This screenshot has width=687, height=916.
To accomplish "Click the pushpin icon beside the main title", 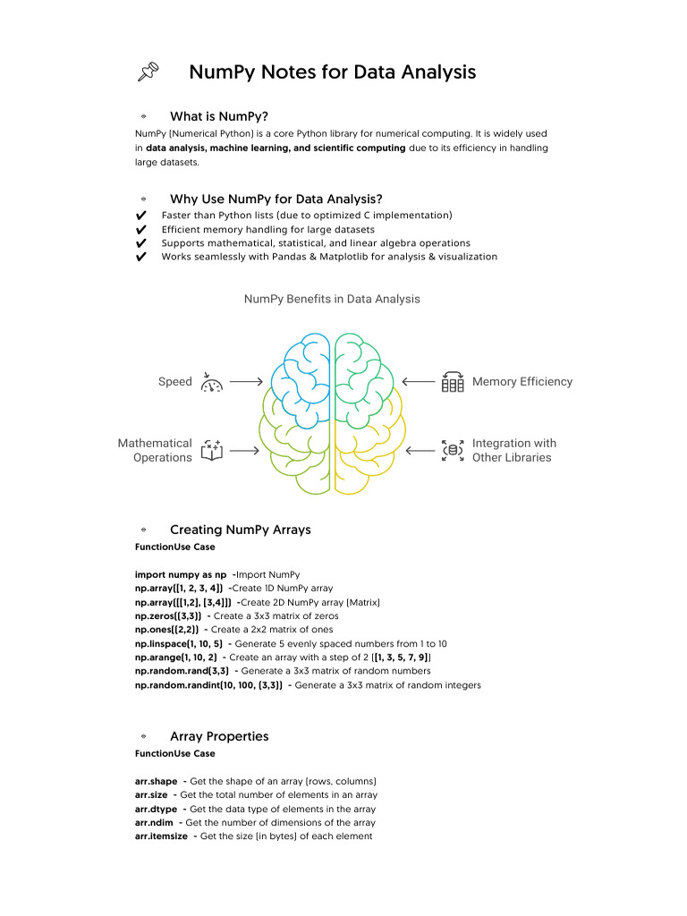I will (148, 72).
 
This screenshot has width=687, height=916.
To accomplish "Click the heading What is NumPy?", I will (219, 116).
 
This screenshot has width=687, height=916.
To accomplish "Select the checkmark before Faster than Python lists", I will (140, 216).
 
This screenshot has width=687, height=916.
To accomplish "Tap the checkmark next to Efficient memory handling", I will (140, 230).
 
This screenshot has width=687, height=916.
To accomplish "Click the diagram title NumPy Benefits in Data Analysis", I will (332, 299).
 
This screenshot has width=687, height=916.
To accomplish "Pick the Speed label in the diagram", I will (175, 382).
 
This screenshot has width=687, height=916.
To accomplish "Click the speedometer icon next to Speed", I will (212, 383).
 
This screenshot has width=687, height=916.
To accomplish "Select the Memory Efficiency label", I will (522, 382).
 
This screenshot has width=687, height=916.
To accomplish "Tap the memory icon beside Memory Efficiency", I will (453, 382).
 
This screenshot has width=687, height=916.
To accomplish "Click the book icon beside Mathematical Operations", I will (211, 450).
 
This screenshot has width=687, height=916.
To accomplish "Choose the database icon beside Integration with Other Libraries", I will (453, 450).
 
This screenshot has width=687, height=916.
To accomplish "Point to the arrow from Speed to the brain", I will (244, 382).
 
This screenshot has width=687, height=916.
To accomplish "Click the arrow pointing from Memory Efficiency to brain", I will (419, 382).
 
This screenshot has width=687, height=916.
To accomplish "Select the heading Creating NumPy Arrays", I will (240, 530).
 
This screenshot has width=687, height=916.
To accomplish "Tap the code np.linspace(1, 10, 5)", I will (179, 644).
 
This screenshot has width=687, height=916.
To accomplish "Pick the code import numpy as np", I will (180, 574).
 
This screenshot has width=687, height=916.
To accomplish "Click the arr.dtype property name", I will (155, 809).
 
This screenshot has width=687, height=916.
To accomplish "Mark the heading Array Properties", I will (219, 736).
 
